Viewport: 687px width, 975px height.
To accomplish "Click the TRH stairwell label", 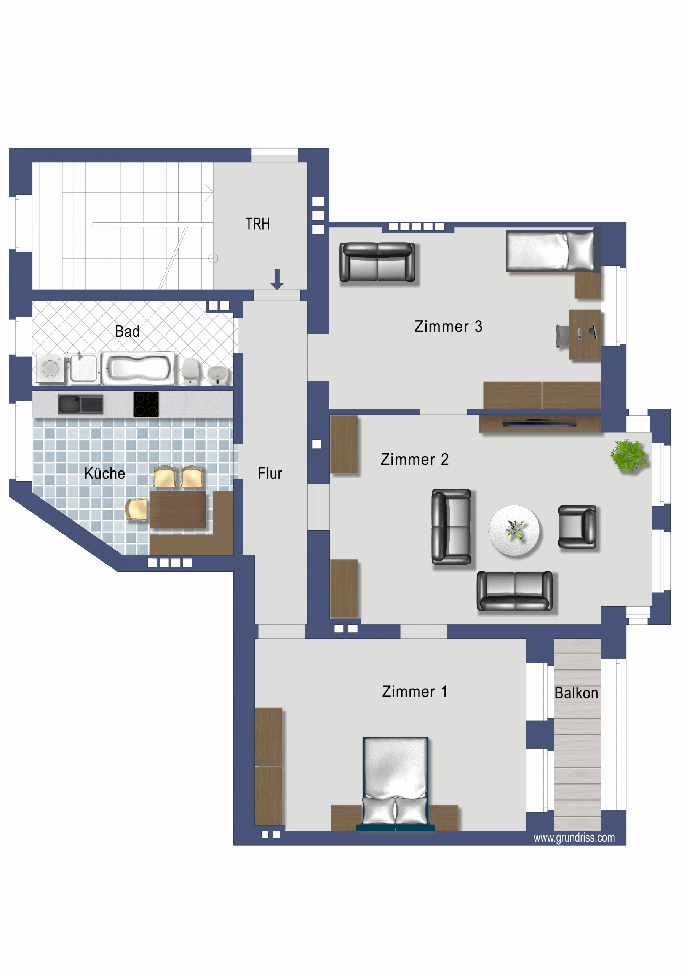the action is [257, 224].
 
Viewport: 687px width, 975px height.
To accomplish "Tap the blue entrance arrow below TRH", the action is [277, 279].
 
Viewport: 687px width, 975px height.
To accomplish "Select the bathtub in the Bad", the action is [138, 368].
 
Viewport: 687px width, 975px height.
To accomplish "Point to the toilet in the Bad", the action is [191, 370].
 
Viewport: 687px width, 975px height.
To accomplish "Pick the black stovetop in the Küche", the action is [146, 404].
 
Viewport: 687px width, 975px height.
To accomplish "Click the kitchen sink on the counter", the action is [81, 404].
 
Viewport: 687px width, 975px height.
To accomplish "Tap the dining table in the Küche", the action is [178, 510].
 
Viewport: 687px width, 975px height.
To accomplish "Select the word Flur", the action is [270, 473].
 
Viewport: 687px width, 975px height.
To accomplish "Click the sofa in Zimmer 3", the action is [377, 262].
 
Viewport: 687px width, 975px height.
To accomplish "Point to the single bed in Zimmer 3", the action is [551, 251].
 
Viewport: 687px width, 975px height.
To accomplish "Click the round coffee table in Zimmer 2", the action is [514, 531].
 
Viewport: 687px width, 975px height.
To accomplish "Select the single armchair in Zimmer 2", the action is [577, 527].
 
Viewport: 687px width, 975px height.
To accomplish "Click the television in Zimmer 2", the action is [539, 423].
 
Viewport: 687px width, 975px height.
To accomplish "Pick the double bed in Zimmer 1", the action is [395, 784].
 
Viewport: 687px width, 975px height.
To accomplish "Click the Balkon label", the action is [576, 693].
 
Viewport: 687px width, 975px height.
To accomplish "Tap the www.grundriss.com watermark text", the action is [574, 838].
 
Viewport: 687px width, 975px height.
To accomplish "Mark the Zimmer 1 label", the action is [414, 691].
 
